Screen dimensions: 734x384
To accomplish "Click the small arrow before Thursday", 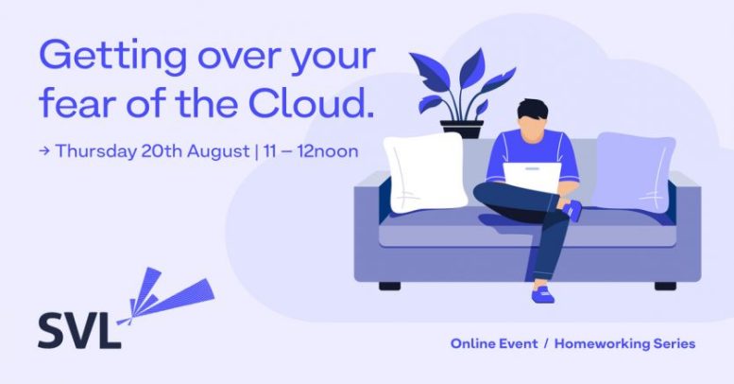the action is point(44,151).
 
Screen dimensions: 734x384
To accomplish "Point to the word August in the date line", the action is point(218,152).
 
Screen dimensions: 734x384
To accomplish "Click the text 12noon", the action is point(328,151).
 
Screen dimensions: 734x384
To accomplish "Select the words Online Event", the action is point(494,343).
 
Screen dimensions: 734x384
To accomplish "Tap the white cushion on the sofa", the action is point(425,172).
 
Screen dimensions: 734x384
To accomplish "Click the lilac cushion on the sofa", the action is point(634,171).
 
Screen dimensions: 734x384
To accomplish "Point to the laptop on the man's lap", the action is point(532,177).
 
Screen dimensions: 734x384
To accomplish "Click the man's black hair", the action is point(532,110).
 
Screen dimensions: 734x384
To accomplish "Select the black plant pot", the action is point(462,129).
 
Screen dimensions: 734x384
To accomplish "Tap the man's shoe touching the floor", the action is point(542,294).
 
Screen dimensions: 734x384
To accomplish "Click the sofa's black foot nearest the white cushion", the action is point(389,286).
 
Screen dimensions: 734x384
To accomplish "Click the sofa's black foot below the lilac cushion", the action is point(665,286).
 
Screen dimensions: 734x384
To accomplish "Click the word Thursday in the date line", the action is point(95,152).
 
